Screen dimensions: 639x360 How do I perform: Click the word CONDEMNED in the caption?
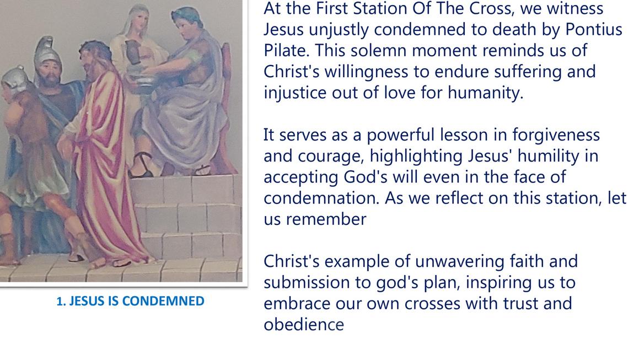(163, 302)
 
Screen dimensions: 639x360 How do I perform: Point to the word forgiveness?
(556, 135)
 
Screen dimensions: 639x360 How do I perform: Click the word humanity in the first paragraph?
(485, 93)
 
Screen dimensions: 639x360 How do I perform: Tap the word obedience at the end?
(304, 325)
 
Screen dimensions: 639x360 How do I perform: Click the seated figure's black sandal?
(141, 165)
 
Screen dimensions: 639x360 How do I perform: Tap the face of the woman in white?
(139, 23)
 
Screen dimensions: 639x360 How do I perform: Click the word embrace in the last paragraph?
(297, 304)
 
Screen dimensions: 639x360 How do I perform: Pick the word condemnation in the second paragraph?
(322, 198)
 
